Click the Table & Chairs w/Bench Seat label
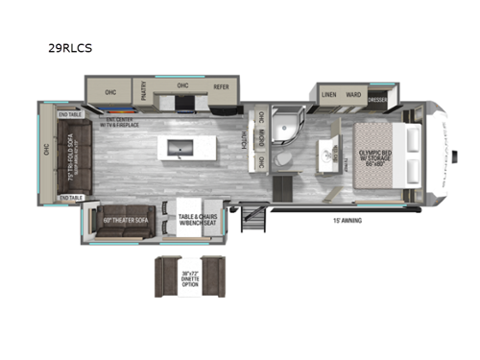(x=199, y=220)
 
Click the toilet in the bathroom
(x=283, y=159)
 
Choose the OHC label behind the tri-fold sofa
(x=45, y=149)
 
